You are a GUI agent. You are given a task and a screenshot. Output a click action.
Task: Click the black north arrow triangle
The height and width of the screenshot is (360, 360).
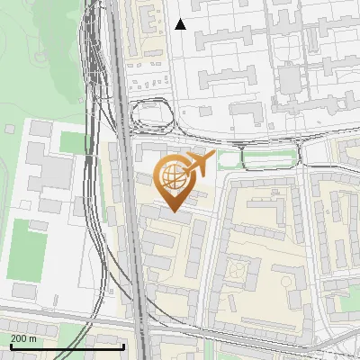(180, 24)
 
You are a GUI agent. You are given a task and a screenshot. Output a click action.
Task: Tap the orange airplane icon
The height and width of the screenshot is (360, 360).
(198, 164)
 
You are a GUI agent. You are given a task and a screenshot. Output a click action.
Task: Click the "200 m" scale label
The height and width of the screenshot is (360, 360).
(24, 337)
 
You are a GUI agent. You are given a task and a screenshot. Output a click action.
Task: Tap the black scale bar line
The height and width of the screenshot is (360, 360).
(67, 346)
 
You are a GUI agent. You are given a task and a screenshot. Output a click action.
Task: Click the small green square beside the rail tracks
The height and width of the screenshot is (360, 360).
(72, 142)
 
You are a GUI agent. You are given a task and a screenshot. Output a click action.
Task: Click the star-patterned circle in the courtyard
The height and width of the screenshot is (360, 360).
(235, 267)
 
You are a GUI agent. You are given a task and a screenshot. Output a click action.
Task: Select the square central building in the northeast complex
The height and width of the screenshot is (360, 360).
(287, 82)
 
